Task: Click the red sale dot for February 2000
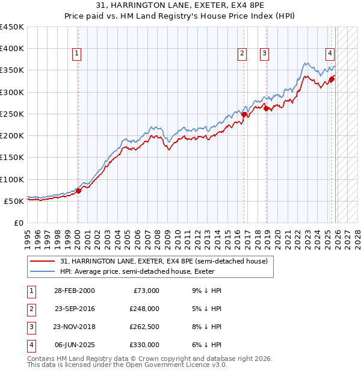78,191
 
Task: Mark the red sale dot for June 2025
332,78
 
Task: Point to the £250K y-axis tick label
12,114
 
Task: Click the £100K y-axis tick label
12,179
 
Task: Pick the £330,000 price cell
144,345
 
